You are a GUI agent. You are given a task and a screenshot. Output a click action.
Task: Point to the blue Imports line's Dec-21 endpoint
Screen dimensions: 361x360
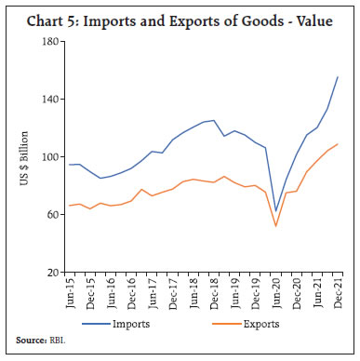[337, 77]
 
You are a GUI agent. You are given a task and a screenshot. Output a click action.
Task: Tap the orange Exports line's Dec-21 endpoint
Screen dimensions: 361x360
[337, 144]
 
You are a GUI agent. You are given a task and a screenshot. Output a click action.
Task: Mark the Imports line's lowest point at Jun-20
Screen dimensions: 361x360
[275, 211]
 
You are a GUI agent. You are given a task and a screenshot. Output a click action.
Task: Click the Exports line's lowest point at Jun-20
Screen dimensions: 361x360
[275, 226]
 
